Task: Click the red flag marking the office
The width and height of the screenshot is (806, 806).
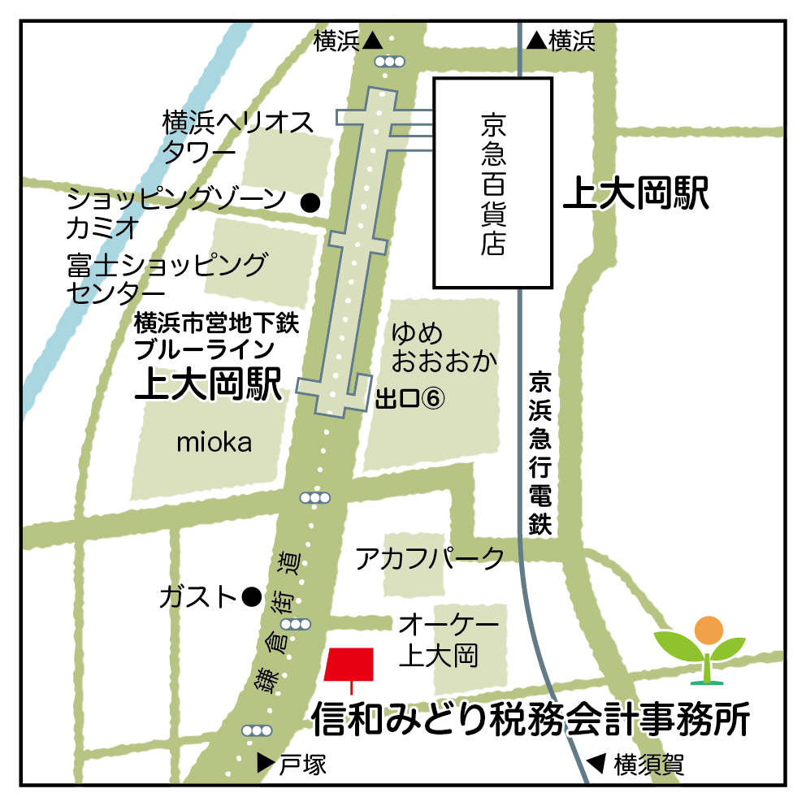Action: (x=349, y=663)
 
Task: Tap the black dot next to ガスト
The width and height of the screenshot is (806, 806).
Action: (x=252, y=598)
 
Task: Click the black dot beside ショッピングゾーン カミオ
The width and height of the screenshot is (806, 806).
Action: (x=310, y=202)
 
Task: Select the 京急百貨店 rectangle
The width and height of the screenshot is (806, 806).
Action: (x=492, y=183)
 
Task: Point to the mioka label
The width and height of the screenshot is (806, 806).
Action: (x=214, y=443)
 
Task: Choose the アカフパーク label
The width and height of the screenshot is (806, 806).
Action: (x=430, y=558)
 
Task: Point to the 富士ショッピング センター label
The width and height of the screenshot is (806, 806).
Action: (x=167, y=277)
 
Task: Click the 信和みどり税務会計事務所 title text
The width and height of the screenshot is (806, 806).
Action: (x=531, y=718)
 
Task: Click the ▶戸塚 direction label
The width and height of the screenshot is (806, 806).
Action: (x=291, y=764)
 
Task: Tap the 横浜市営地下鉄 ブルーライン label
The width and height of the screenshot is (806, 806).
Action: (x=217, y=337)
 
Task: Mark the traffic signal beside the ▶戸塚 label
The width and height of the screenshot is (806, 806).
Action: (x=258, y=730)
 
